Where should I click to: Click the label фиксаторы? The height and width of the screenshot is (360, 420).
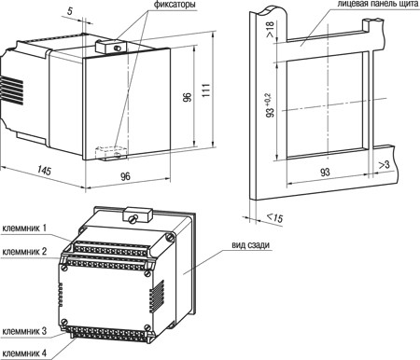coord(175,5)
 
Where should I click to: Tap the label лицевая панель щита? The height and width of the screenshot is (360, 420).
coord(378,4)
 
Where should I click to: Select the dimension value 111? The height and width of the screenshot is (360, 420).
coord(206,90)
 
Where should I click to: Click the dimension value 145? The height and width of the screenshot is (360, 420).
coord(45,171)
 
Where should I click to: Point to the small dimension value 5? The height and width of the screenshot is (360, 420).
coord(70,11)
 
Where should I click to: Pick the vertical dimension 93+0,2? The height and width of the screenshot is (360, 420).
coord(271,105)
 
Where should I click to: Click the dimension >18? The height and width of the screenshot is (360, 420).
coord(270,29)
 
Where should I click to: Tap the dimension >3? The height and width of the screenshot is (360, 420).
coord(385,165)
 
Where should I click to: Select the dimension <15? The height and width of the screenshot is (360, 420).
coord(275,217)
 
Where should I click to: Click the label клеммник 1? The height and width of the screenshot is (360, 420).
coord(24,228)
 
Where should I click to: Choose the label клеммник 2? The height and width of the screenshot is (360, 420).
coord(24,251)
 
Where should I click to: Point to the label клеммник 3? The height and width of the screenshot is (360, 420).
coord(24,331)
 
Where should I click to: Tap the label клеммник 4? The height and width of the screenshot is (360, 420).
coord(24,353)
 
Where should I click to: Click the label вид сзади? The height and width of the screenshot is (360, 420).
coord(250,245)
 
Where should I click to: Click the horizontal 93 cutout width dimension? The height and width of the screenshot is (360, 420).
coord(325,172)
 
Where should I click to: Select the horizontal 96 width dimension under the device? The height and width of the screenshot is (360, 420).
coord(125,176)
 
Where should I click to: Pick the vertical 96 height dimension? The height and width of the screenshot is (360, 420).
coord(188,97)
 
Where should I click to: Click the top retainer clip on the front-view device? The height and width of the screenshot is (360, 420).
coord(111,47)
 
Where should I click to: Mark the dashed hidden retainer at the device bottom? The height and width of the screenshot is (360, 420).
coord(111,153)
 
